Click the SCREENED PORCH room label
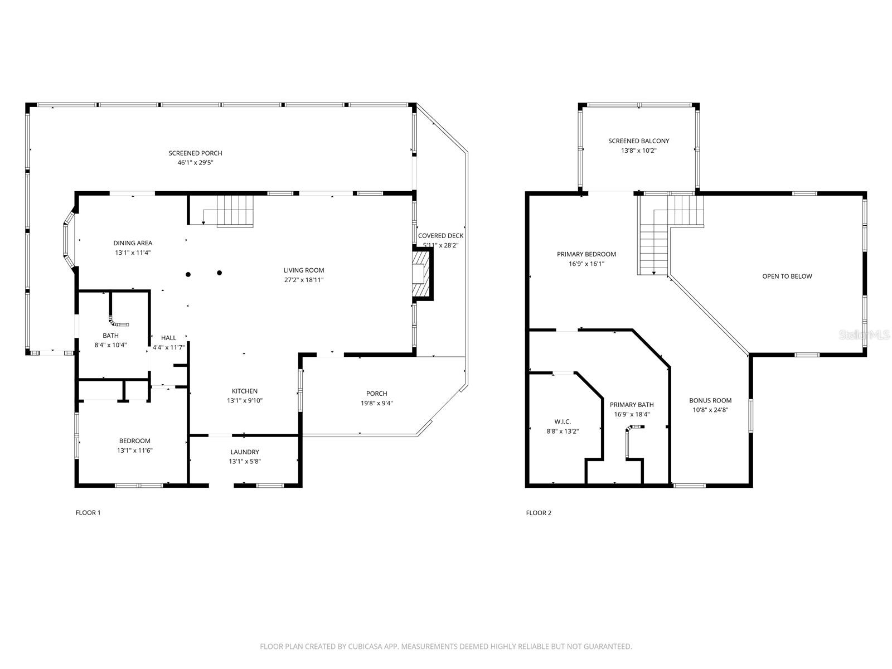coord(195,153)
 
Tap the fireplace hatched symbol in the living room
coord(422,276)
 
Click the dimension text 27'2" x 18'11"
coord(304,280)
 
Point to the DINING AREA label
coord(133,243)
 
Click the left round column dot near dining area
coord(188,274)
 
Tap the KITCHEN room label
coord(245,391)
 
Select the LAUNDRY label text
coord(245,452)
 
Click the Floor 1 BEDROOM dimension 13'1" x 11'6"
coord(134,450)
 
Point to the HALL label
coord(168,338)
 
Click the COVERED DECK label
coord(440,236)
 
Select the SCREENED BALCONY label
coord(638,141)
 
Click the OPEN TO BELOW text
coord(787,277)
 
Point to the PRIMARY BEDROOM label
coord(586,254)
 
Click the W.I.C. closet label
coord(563,421)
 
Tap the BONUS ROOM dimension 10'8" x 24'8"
coord(710,410)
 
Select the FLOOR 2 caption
coord(539,513)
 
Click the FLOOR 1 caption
coord(88,513)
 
